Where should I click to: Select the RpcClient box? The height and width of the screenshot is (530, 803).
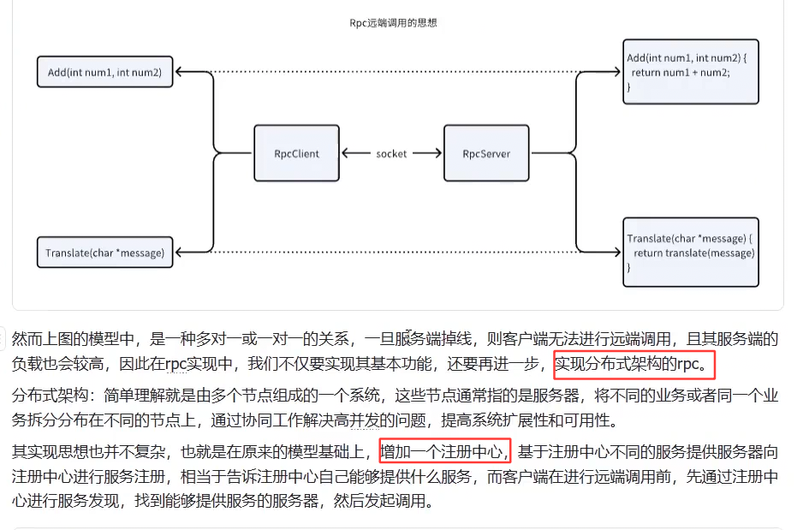point(296,153)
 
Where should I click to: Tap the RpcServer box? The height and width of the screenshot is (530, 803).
point(486,153)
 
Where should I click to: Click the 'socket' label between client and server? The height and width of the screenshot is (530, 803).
point(391,154)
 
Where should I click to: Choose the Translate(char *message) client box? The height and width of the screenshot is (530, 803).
point(104,253)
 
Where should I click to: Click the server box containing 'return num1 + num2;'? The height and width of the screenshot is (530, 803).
point(690,72)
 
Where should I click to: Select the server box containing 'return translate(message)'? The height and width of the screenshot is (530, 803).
point(690,253)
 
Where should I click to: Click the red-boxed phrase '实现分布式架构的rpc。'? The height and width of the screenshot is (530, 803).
point(633,366)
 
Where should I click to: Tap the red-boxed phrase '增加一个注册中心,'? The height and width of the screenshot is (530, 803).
point(444,450)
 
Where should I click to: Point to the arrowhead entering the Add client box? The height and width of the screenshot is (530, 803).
point(179,72)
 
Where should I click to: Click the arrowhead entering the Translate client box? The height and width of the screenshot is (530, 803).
point(179,252)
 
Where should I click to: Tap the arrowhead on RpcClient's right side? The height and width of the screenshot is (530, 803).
point(345,154)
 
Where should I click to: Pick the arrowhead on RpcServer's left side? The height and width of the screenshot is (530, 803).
point(438,154)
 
